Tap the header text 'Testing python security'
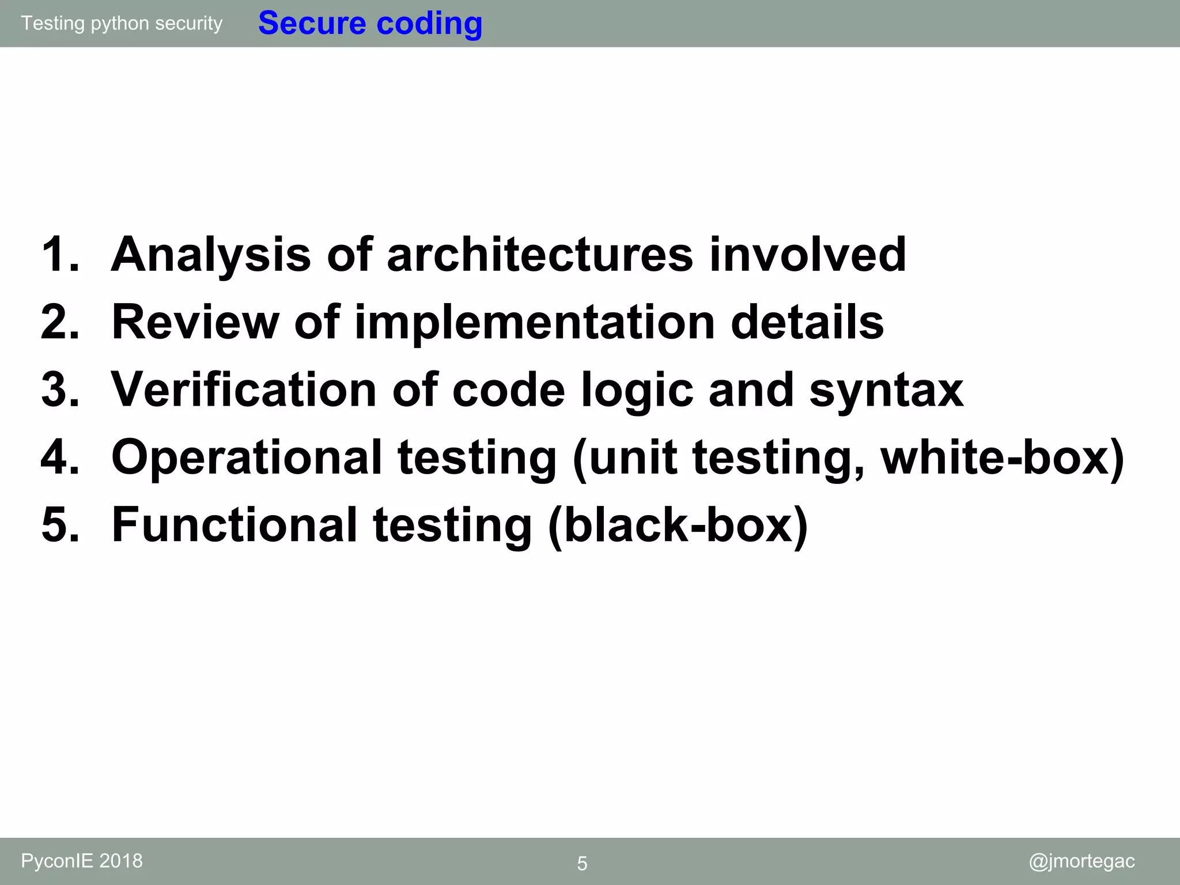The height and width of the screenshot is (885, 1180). [122, 23]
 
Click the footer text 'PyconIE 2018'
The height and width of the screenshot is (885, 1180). [82, 861]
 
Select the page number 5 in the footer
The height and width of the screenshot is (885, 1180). [582, 864]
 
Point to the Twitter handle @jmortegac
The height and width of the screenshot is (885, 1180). [1081, 861]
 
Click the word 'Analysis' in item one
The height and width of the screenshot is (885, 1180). [211, 255]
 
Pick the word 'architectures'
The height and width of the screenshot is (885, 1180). [540, 255]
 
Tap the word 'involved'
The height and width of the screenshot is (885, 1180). [808, 255]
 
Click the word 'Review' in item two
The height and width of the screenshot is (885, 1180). [195, 322]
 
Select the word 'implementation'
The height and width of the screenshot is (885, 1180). [535, 322]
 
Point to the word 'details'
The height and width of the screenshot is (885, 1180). [807, 322]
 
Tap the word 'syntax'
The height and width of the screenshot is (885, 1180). [886, 390]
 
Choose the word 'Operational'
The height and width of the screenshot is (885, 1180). [247, 457]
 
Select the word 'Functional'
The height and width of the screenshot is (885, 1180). [235, 525]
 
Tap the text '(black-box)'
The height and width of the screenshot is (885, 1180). [678, 525]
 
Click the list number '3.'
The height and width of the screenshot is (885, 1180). [60, 390]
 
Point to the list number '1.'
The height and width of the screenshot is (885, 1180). [60, 255]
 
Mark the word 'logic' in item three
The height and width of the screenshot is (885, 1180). [637, 390]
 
